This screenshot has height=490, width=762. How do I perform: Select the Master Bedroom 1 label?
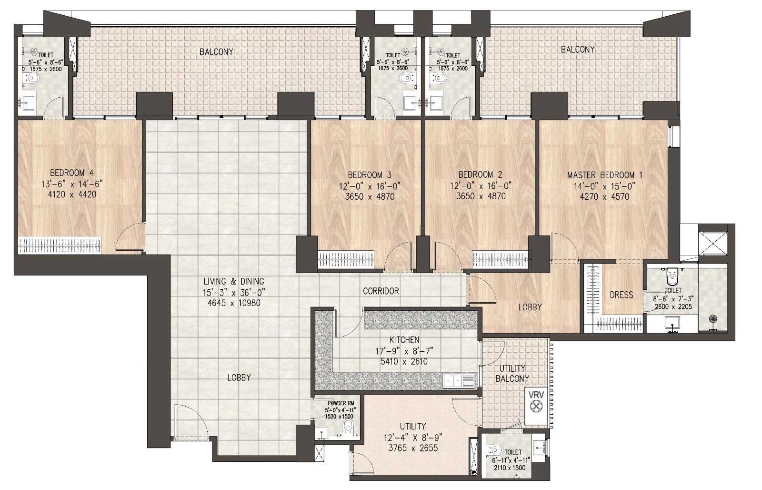pos(604,175)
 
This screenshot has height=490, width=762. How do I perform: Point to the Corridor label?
pos(381,291)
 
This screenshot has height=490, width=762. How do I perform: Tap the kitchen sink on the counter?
pos(459,381)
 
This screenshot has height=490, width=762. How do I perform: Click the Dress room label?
pos(621,295)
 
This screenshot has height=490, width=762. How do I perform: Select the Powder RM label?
pos(341,403)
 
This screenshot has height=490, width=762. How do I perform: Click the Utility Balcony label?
pos(512,374)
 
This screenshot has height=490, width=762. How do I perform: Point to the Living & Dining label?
pos(234,282)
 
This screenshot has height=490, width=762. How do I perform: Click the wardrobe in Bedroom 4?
pos(60,245)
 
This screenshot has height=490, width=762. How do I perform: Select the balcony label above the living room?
pos(216,52)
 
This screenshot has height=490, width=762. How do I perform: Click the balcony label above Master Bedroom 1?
pos(578,50)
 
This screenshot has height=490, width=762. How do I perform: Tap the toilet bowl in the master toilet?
pos(672,276)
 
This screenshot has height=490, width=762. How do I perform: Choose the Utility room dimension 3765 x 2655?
pos(413,448)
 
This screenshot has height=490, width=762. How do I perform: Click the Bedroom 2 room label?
pos(481,174)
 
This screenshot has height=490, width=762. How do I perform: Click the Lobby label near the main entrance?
pos(239,378)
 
